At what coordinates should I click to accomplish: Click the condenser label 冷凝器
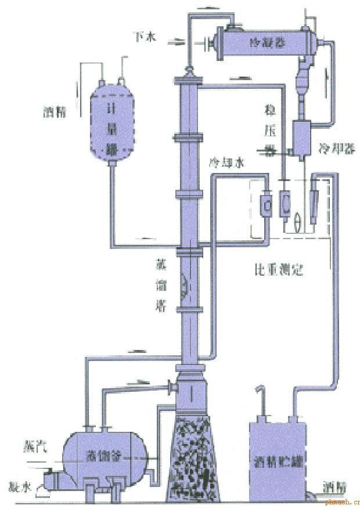(x=262, y=42)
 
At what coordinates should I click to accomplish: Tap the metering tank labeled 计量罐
(x=109, y=122)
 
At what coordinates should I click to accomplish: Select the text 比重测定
(x=279, y=270)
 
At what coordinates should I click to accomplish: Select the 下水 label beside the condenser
(x=146, y=38)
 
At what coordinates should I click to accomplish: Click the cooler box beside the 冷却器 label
(x=302, y=137)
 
